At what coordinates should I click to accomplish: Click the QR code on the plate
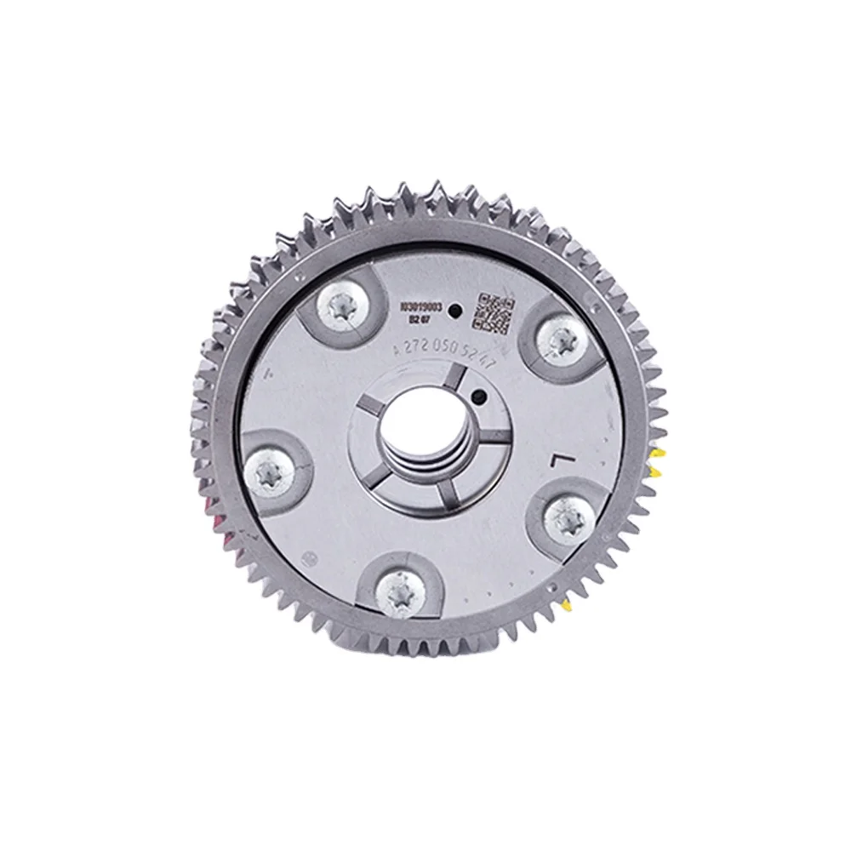494,312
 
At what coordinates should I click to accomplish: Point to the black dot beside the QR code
455,311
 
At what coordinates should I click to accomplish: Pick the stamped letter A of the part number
395,350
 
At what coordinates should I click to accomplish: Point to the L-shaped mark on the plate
559,461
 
